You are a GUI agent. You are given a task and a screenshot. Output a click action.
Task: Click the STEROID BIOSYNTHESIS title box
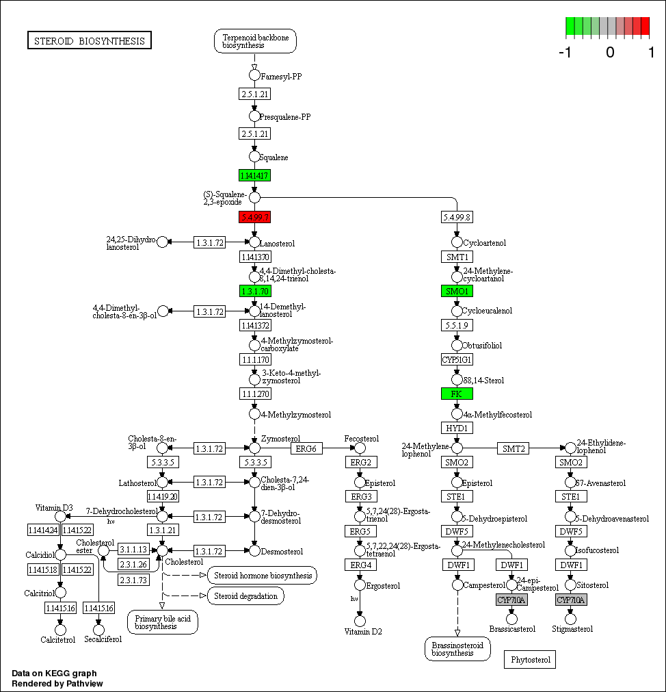pos(90,41)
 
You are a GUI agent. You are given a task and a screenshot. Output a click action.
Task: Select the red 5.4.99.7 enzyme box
pos(254,217)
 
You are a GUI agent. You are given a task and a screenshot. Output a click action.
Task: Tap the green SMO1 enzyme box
pos(457,291)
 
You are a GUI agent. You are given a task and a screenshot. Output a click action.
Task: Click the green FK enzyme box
pos(457,394)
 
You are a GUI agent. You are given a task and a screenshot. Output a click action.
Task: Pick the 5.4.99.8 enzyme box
pos(457,217)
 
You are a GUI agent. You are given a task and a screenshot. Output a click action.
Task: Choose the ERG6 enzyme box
pos(307,448)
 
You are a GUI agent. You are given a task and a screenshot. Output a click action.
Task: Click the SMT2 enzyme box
pos(514,448)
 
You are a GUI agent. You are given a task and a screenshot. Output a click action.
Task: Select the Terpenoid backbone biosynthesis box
pos(255,41)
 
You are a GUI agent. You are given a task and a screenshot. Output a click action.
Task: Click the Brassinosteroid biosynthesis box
pos(457,649)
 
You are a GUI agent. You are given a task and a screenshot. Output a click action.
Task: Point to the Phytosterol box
pos(530,660)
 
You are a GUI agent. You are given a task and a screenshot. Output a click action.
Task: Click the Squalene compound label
pos(274,157)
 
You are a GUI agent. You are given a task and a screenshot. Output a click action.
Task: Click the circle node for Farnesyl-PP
pos(254,75)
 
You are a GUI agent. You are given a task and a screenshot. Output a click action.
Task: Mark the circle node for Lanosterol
pos(254,242)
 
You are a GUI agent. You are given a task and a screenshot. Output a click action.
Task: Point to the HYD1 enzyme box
pos(457,428)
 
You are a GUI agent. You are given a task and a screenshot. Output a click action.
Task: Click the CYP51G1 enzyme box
pos(457,359)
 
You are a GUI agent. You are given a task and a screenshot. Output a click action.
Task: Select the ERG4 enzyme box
pos(360,565)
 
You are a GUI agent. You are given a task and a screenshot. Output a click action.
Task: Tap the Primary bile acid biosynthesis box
pos(162,621)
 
